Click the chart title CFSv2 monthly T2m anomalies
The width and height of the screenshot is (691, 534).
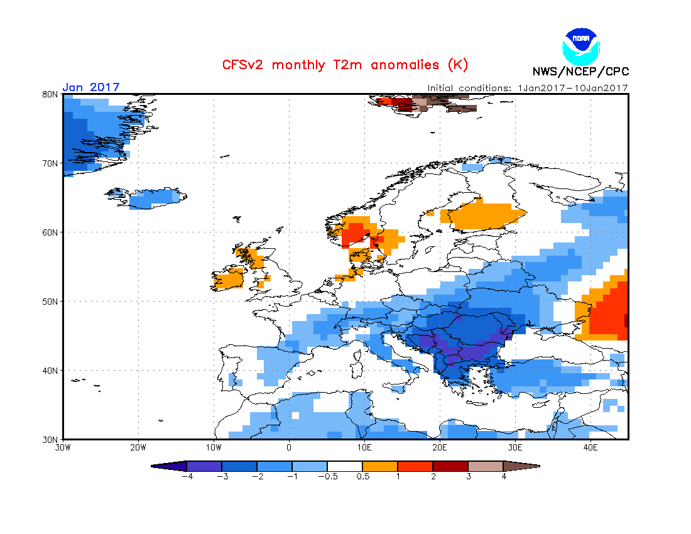[345, 65]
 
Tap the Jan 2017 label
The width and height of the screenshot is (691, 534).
[90, 87]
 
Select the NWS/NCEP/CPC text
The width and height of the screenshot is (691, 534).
[580, 72]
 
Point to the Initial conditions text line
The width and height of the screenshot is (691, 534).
[528, 88]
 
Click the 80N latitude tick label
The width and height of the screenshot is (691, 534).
[50, 94]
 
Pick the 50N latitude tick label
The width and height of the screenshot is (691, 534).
[50, 302]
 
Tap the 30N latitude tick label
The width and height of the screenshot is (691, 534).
[50, 439]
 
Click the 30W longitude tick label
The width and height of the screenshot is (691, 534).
[63, 448]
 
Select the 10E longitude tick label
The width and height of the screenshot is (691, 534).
[364, 448]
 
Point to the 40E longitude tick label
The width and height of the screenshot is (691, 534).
[590, 448]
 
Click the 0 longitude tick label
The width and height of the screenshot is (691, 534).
[289, 448]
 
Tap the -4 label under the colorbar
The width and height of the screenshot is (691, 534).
[186, 476]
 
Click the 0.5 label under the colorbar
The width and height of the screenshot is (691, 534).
[363, 476]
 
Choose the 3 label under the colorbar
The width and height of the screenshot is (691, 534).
[469, 476]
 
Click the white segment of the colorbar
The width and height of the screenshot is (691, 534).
[345, 466]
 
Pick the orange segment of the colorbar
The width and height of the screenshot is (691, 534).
[380, 466]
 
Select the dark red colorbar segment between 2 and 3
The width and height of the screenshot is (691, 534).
[450, 466]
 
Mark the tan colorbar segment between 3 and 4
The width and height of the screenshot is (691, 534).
[486, 466]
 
